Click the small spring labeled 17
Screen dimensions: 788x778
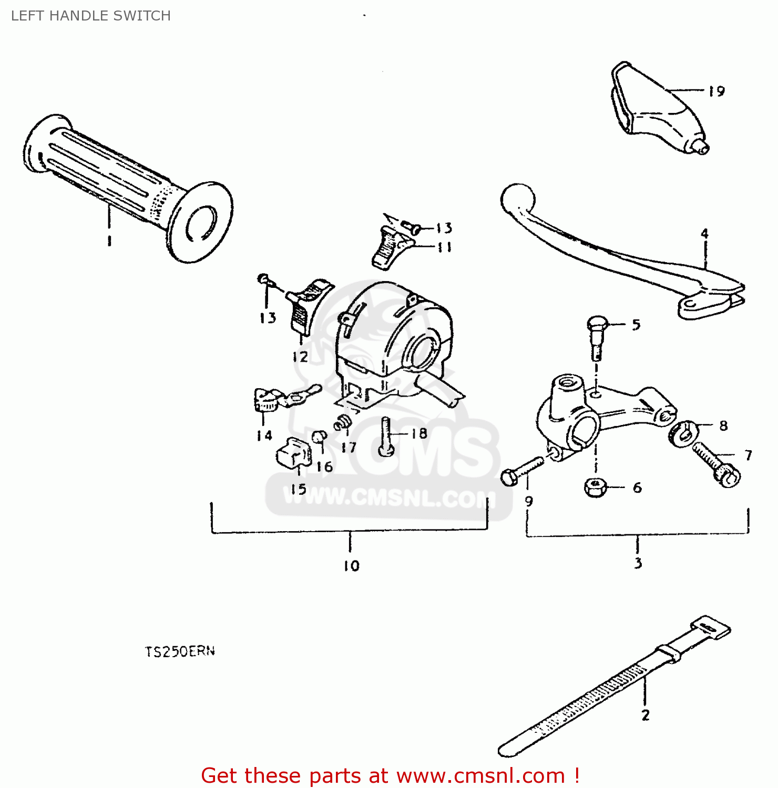coord(343,422)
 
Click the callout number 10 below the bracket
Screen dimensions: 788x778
coord(351,565)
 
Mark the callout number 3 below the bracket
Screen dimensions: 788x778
coord(638,563)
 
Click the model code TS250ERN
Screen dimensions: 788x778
coord(180,651)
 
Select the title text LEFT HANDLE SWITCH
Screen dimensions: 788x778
coord(91,16)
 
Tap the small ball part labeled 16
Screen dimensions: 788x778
coord(319,437)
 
